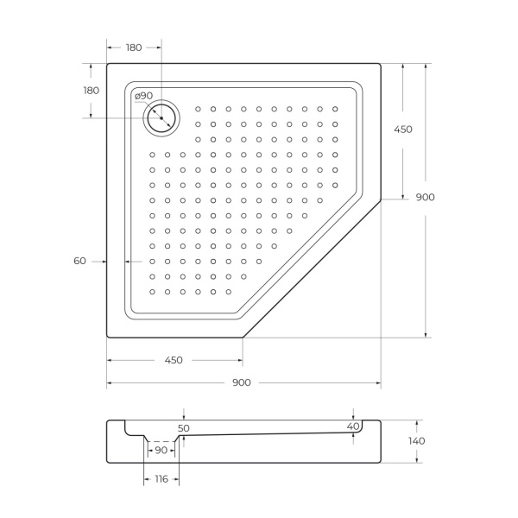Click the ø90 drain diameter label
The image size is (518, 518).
(143, 95)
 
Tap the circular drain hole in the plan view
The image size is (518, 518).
(161, 117)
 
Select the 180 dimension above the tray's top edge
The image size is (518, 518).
(134, 47)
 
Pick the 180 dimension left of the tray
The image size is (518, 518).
(91, 91)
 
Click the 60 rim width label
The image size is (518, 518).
(80, 261)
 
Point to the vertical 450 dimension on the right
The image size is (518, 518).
(403, 129)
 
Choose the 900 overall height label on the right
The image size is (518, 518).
(425, 198)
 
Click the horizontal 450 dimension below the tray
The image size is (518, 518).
(173, 360)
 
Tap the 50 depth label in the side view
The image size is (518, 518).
(183, 428)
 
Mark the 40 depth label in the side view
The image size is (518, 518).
(352, 426)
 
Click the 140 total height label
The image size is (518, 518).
(417, 441)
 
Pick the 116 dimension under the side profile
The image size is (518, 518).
(161, 479)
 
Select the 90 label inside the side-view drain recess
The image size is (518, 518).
(161, 451)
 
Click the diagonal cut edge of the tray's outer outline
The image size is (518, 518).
(313, 268)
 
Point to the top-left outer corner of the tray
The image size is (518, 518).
(108, 63)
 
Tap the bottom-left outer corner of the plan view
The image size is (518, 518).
(108, 337)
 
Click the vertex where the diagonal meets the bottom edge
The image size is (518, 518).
(243, 337)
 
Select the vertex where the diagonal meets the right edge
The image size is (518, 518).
(381, 199)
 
